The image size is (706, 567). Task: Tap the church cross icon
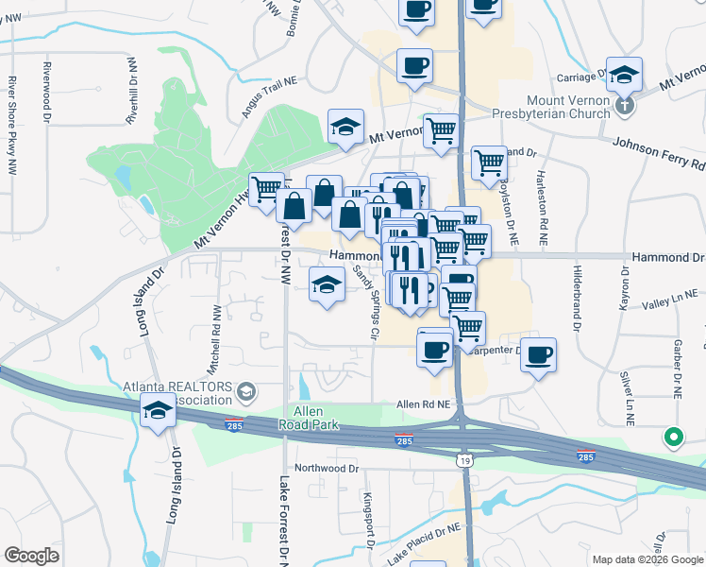tap(625, 105)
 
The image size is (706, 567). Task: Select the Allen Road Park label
tap(303, 419)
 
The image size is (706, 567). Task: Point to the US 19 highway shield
tap(463, 460)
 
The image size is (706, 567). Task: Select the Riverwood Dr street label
tap(46, 94)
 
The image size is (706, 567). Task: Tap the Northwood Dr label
tap(327, 468)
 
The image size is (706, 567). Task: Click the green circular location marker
tap(673, 438)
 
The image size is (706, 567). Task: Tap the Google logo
tap(31, 556)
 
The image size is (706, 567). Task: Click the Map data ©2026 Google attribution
tap(647, 559)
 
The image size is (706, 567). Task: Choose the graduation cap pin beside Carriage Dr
tap(624, 74)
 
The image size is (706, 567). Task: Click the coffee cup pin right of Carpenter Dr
tap(538, 355)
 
